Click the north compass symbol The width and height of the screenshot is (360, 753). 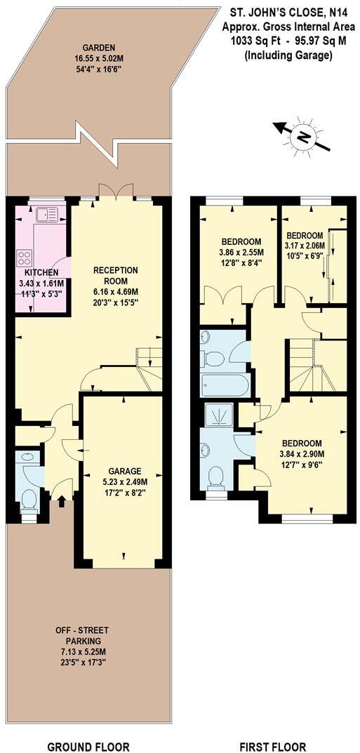(x=302, y=137)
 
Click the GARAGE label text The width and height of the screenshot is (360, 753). (x=125, y=471)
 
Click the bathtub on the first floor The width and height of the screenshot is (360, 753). (x=223, y=385)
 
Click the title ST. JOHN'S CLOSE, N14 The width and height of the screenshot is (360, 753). (x=287, y=12)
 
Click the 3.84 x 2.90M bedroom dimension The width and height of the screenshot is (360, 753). (x=302, y=453)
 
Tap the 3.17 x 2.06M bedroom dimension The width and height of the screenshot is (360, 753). (x=305, y=245)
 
